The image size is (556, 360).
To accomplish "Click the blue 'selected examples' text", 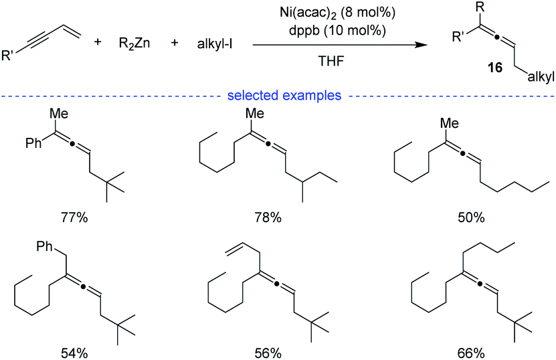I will (284, 96).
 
